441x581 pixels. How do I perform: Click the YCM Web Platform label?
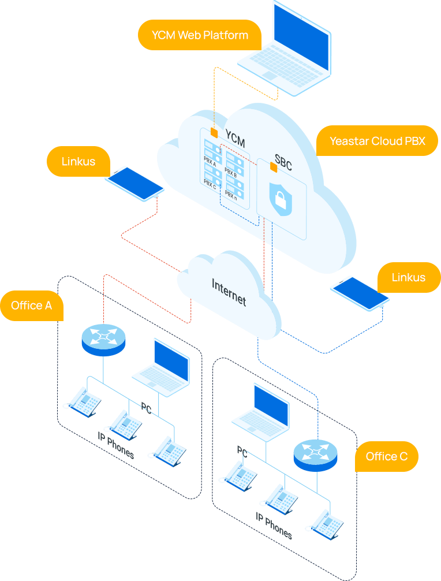pyautogui.click(x=200, y=35)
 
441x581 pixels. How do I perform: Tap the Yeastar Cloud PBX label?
pyautogui.click(x=377, y=141)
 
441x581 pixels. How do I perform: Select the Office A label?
pyautogui.click(x=32, y=306)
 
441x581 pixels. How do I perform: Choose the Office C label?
pyautogui.click(x=386, y=457)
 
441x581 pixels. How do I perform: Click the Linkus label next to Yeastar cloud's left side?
pyautogui.click(x=78, y=162)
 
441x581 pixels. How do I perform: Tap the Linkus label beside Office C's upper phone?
pyautogui.click(x=408, y=277)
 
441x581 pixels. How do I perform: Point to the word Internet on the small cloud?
pyautogui.click(x=229, y=292)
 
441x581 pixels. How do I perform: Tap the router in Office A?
pyautogui.click(x=103, y=339)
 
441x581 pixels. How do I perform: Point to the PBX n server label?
pyautogui.click(x=231, y=195)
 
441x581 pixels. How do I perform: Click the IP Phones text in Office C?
pyautogui.click(x=274, y=526)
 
